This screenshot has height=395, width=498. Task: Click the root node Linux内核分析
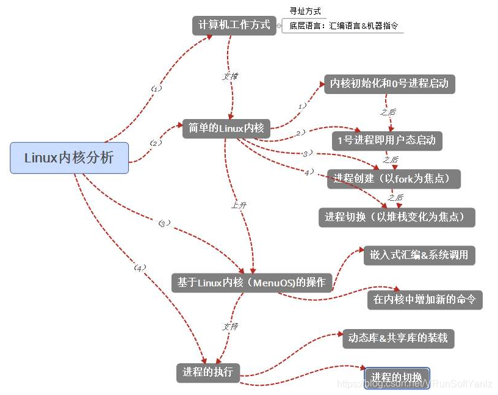click(x=69, y=158)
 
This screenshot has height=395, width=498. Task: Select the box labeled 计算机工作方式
click(x=234, y=25)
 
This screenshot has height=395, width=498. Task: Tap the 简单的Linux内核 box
click(x=226, y=128)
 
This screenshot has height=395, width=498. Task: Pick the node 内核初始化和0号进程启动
click(x=389, y=84)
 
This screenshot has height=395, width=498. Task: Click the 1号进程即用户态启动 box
click(x=386, y=140)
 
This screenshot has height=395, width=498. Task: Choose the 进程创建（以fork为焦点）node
click(x=393, y=179)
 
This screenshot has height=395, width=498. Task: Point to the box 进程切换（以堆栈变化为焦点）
click(x=396, y=217)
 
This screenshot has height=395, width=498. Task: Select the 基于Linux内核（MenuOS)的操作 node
click(x=251, y=282)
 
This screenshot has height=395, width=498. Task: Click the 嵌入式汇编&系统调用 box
click(x=419, y=255)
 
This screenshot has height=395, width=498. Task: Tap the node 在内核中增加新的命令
click(x=424, y=299)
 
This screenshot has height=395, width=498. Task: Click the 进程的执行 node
click(x=208, y=371)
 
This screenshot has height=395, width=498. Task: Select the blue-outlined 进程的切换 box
click(x=397, y=377)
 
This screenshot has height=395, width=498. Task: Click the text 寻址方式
click(x=305, y=11)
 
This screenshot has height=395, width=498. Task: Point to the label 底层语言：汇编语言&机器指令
click(x=342, y=26)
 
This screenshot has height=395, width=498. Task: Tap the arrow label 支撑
click(x=229, y=76)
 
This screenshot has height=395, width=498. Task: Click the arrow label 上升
click(x=239, y=206)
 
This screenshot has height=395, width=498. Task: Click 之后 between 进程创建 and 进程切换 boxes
click(x=395, y=197)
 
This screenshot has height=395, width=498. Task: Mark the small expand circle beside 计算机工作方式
click(x=279, y=26)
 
